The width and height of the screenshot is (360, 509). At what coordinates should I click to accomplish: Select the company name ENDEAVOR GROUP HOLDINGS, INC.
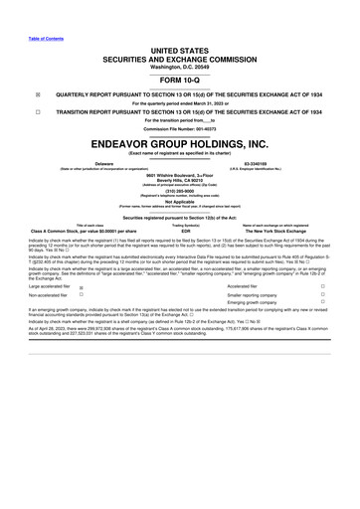pyautogui.click(x=180, y=142)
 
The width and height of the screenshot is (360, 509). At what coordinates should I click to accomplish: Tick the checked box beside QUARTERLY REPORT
pyautogui.click(x=9, y=96)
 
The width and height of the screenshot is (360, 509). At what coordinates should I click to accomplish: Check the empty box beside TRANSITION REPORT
pyautogui.click(x=9, y=112)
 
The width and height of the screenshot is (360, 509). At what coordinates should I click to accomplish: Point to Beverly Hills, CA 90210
pyautogui.click(x=180, y=178)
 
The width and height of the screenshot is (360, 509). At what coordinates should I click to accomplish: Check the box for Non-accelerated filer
pyautogui.click(x=82, y=295)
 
